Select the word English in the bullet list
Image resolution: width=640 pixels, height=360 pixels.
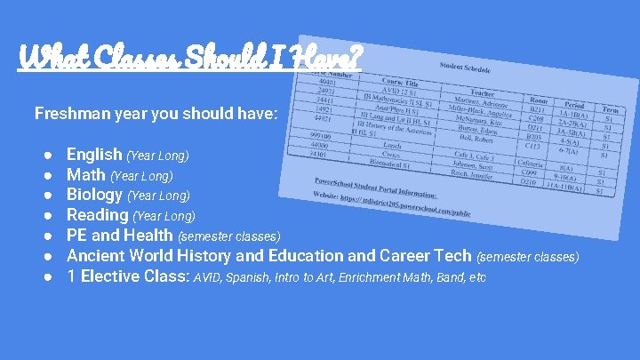[95, 155]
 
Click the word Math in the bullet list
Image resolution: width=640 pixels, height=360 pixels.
[86, 175]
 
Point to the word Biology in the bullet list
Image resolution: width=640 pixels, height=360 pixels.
[95, 195]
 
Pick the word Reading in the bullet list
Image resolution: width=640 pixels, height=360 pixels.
[98, 215]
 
